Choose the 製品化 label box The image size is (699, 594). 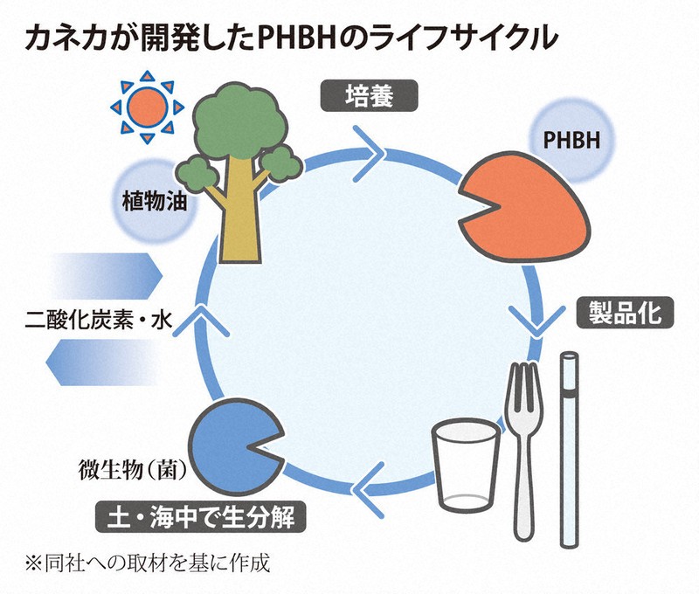coord(625,311)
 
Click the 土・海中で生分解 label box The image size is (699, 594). coord(201,517)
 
